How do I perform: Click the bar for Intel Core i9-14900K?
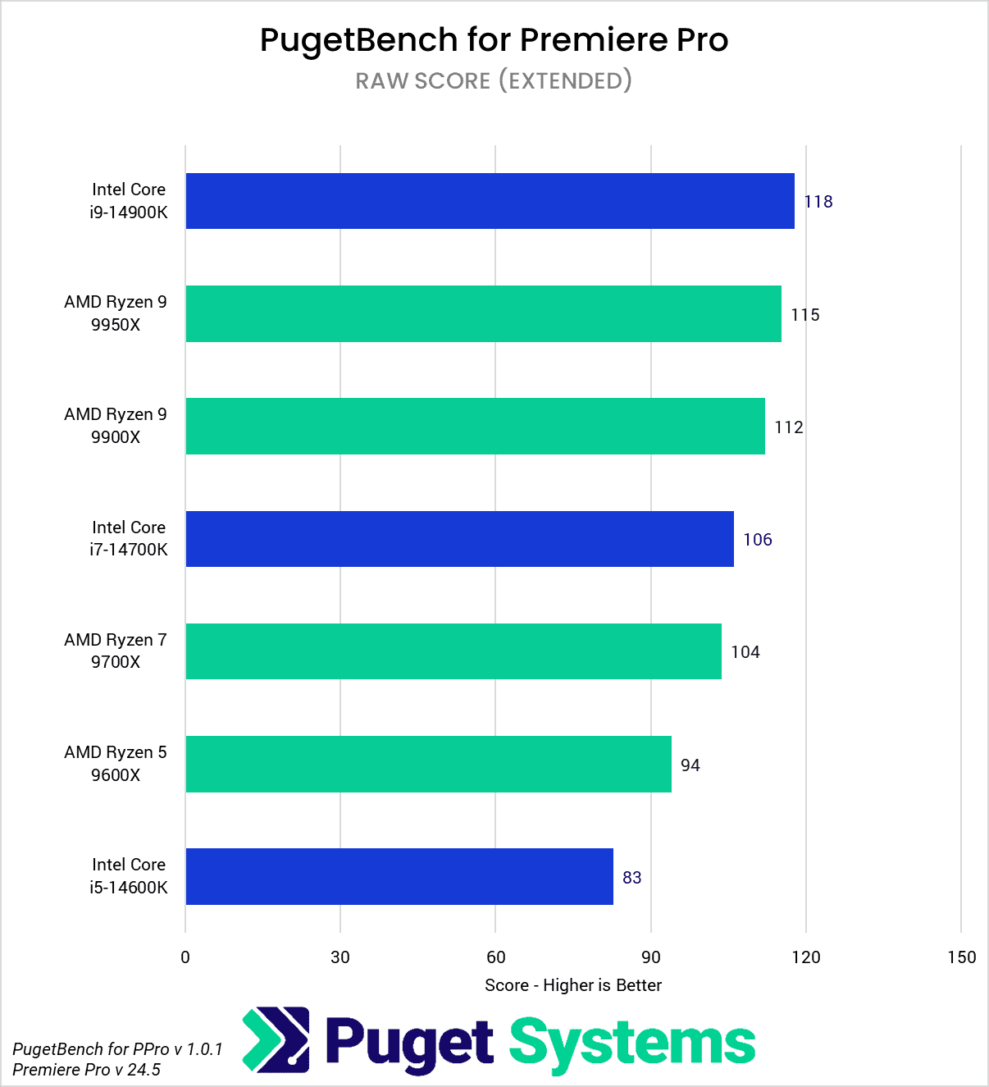click(490, 201)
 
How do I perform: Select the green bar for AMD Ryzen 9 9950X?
click(483, 313)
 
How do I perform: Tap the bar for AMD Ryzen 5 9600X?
click(428, 764)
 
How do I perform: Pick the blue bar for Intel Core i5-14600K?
click(399, 876)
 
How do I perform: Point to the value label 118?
click(818, 202)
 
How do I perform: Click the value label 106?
click(757, 540)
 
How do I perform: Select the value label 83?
click(631, 878)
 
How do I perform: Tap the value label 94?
click(690, 765)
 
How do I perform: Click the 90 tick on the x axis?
click(650, 957)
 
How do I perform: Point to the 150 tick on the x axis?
click(961, 957)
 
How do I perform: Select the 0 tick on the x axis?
click(185, 957)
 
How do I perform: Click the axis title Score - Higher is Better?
click(572, 985)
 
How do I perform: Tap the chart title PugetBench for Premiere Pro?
click(494, 39)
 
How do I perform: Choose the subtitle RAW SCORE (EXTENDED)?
click(494, 80)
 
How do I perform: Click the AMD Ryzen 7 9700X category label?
click(116, 651)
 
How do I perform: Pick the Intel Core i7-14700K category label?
click(129, 538)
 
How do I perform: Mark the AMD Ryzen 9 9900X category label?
click(116, 426)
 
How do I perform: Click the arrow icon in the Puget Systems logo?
click(276, 1040)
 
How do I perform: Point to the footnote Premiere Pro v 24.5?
click(87, 1070)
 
